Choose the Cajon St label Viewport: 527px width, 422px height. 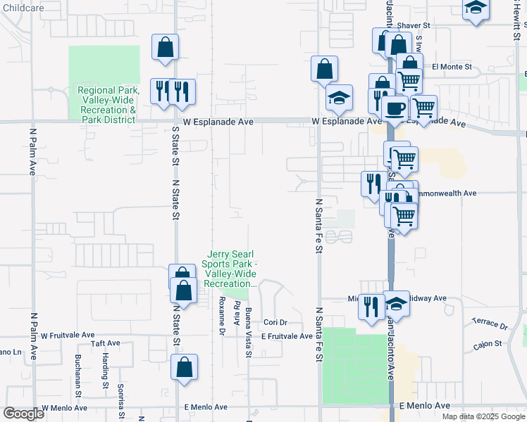[487, 344]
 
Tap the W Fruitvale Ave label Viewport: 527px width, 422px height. [68, 335]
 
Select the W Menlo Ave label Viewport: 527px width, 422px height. [64, 407]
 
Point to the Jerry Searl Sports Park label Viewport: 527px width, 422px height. [229, 269]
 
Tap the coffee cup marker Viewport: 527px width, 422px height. [395, 109]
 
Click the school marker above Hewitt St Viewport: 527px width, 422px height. [476, 8]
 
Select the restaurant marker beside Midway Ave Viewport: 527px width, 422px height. [371, 306]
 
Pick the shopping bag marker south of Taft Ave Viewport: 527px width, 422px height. [184, 367]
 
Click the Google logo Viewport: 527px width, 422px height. [24, 413]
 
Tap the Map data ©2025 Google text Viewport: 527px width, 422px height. [483, 416]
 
